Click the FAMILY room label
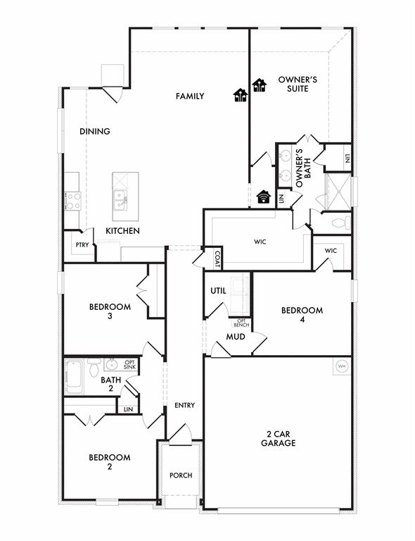(190, 97)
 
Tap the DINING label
(94, 131)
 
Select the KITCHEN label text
(122, 231)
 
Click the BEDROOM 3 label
(110, 311)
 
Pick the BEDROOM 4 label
(302, 315)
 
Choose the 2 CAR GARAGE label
(277, 438)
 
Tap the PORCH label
(181, 475)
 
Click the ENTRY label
(184, 406)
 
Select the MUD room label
(235, 337)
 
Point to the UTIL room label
(218, 291)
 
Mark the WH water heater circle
(342, 366)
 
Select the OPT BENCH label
(241, 323)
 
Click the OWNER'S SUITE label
(298, 85)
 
